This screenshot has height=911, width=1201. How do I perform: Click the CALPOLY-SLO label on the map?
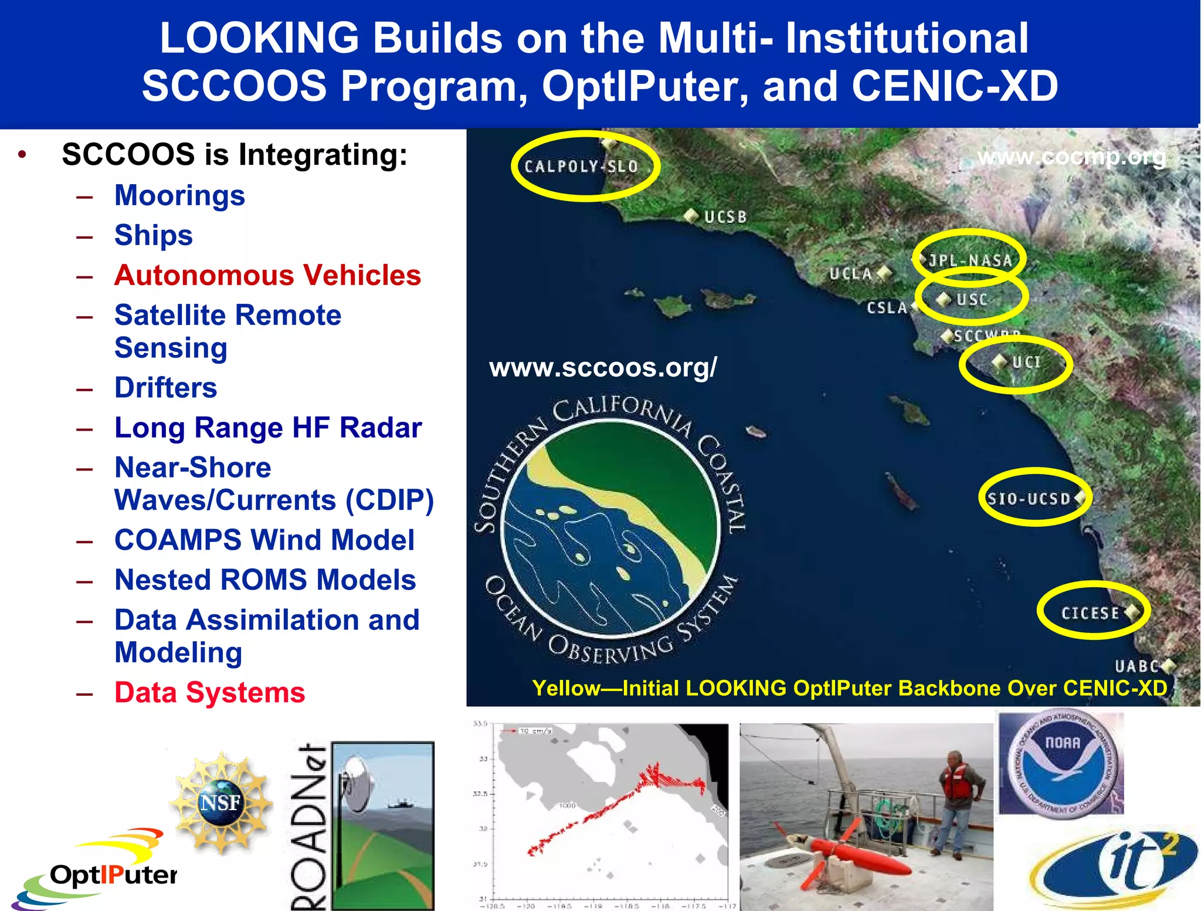[x=581, y=167]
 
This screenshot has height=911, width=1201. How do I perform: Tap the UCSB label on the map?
[x=725, y=217]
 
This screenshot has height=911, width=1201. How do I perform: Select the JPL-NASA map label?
[x=971, y=260]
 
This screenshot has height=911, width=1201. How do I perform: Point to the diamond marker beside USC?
[x=944, y=299]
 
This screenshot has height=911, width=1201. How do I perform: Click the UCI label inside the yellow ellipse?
[x=1026, y=362]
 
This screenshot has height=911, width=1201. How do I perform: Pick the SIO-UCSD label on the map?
[x=1029, y=499]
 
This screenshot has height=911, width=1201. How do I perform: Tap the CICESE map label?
[x=1090, y=613]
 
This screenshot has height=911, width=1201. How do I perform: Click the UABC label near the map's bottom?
[x=1136, y=666]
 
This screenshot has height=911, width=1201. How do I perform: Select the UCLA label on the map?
[x=850, y=273]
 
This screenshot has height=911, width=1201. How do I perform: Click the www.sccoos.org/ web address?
[x=603, y=368]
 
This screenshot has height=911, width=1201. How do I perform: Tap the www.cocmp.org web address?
[x=1071, y=157]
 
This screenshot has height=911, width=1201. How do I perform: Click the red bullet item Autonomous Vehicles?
[x=267, y=275]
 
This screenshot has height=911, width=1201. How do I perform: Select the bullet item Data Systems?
[x=209, y=692]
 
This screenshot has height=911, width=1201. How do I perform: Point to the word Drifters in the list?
[x=165, y=388]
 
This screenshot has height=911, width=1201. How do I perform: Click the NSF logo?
[x=220, y=801]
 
